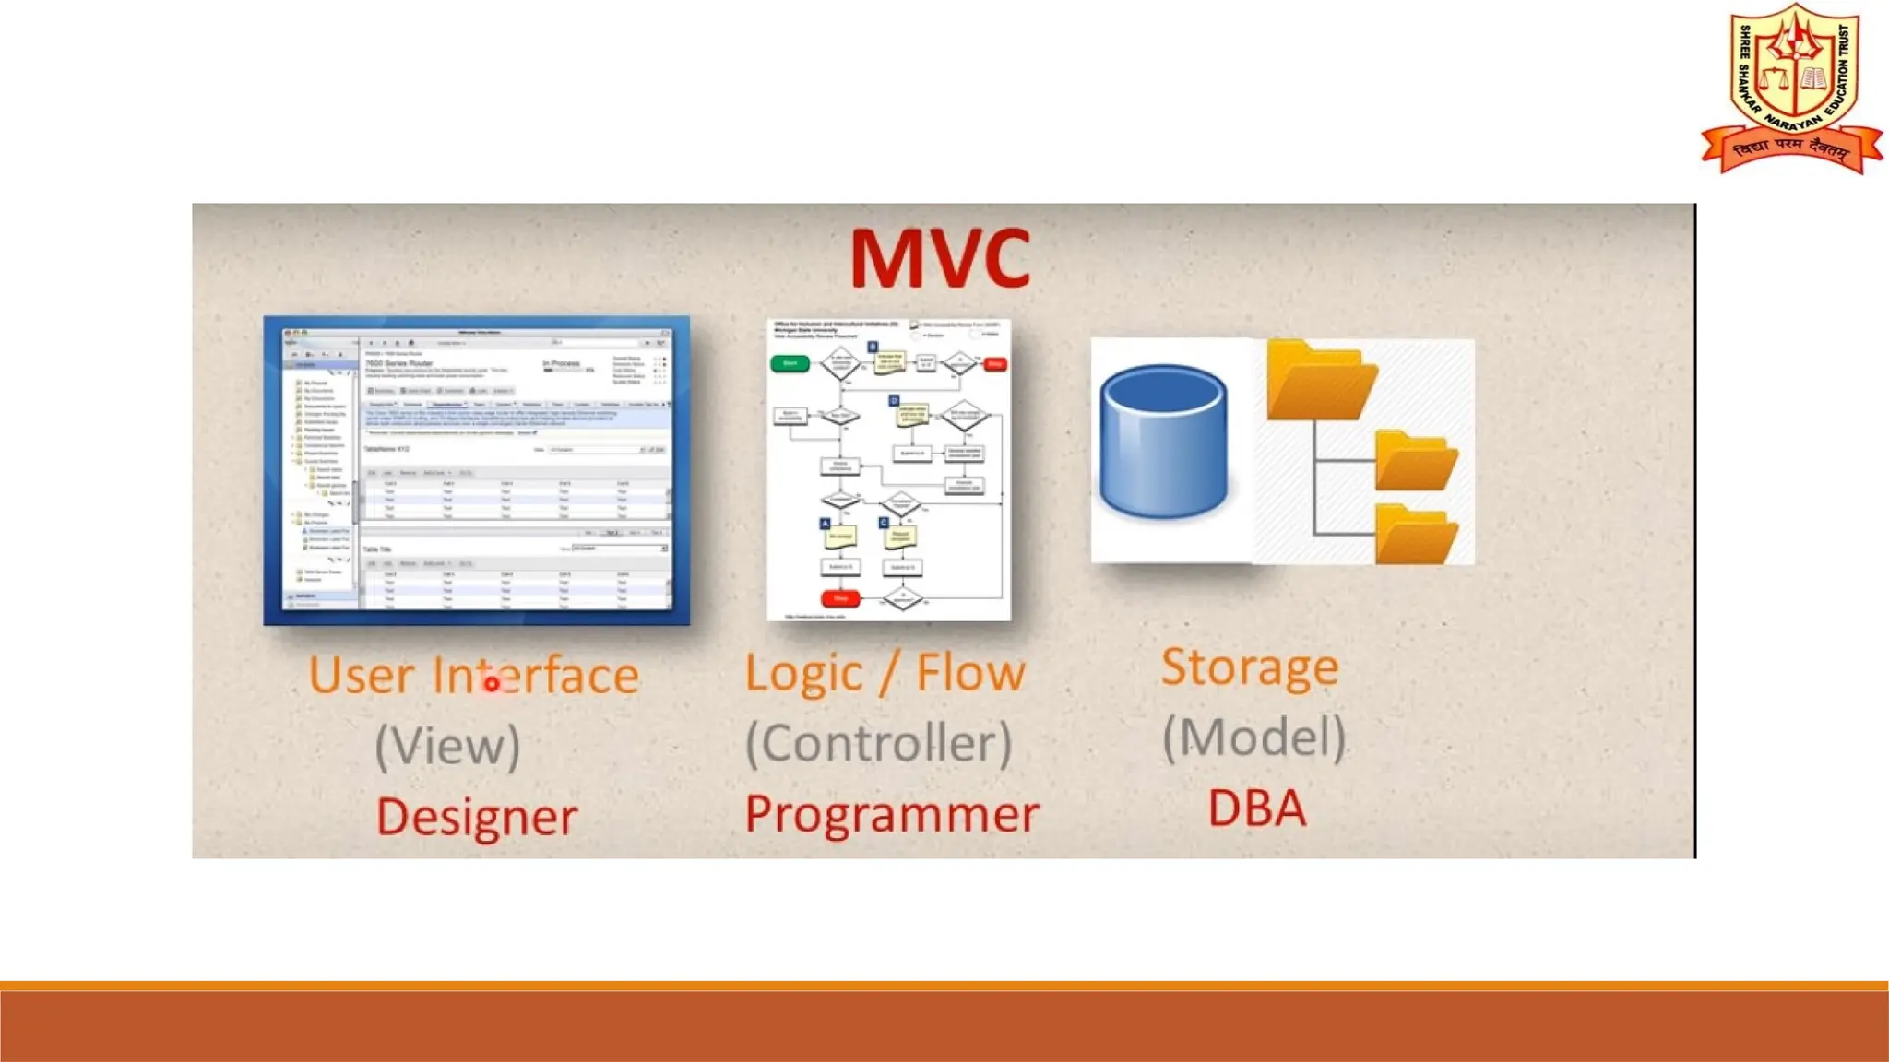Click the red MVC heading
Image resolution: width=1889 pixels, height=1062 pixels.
click(939, 259)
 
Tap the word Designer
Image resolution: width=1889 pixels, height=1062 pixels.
click(477, 818)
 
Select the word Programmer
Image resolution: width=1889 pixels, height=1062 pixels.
click(891, 814)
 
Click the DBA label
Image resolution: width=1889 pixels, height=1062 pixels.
click(1256, 808)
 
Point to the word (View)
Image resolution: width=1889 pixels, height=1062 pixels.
click(447, 746)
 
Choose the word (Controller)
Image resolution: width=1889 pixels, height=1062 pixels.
click(878, 743)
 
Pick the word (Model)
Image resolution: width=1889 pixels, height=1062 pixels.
click(1253, 737)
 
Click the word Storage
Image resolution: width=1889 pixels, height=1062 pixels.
click(1249, 667)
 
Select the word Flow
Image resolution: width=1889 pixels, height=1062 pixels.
click(970, 672)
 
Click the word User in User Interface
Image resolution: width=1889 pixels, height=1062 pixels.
click(361, 676)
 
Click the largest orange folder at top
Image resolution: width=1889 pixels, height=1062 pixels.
click(1320, 380)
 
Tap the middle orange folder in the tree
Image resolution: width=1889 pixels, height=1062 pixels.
click(1415, 460)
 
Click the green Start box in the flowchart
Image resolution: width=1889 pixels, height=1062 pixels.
click(790, 363)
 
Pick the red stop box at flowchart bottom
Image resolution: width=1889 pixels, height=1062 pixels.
click(840, 598)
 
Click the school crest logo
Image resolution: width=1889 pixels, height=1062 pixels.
click(1791, 88)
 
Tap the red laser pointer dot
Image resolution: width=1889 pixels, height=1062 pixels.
click(492, 684)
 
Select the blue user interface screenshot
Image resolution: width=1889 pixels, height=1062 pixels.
click(476, 470)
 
